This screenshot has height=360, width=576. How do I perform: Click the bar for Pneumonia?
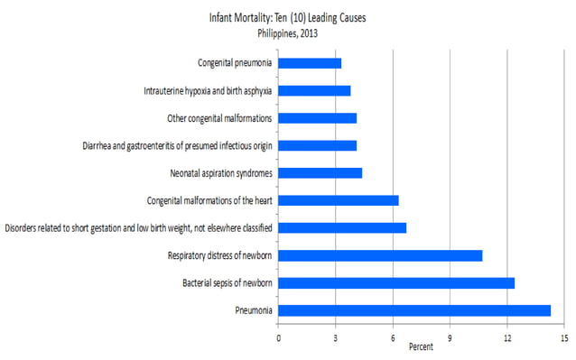pos(414,310)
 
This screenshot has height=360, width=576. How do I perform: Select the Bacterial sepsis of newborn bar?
pos(396,283)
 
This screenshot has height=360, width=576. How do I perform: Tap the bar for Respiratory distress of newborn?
pos(380,255)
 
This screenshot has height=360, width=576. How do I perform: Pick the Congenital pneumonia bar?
pos(310,63)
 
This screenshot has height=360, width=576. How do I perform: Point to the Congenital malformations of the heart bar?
pos(339,200)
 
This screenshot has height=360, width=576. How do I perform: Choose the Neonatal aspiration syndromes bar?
pos(320,173)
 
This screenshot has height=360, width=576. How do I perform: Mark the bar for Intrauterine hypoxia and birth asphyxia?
pos(314,90)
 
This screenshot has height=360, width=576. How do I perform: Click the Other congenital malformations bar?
pos(318,118)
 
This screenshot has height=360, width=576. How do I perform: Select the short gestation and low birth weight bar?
pos(342,228)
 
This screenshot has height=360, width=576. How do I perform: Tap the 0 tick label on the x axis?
pos(278,338)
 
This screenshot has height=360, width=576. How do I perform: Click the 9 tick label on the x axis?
pos(450,338)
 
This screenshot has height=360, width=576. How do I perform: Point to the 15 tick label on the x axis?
pos(564,338)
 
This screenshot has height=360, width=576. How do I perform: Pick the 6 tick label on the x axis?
pos(393,338)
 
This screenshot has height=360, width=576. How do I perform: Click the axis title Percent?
pos(421,346)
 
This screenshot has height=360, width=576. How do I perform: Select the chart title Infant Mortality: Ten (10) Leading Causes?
pos(288,18)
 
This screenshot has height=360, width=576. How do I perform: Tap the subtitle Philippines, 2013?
pos(288,33)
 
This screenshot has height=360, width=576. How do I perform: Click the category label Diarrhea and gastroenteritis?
pos(178,146)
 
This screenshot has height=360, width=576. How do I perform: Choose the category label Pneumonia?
pos(254,310)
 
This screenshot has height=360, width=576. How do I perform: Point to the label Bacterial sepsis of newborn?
pos(228,283)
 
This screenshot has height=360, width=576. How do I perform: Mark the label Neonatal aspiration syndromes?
pos(221,173)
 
